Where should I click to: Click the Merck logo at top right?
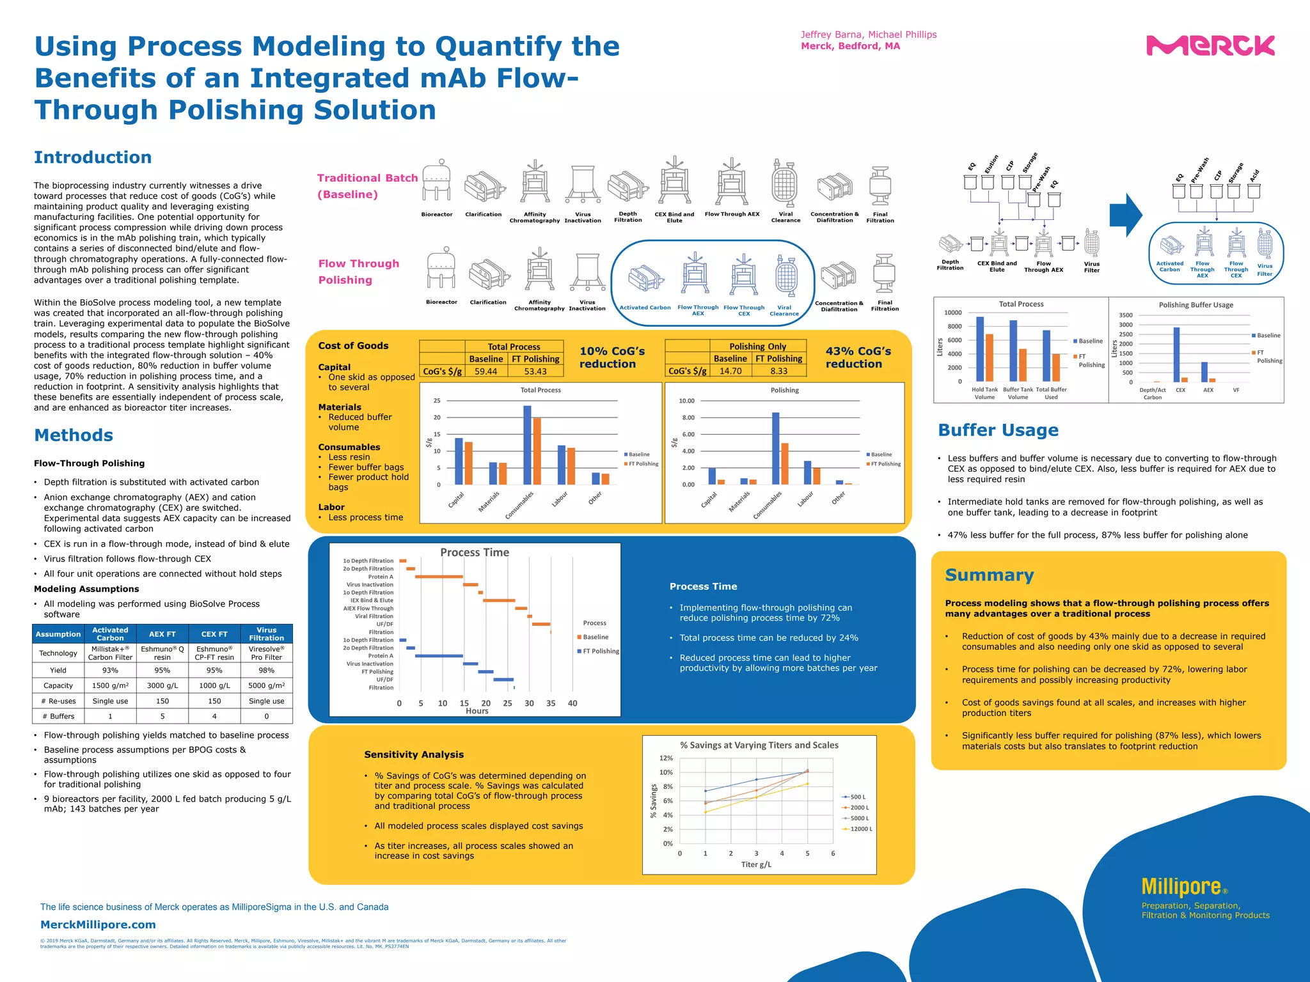(x=1210, y=46)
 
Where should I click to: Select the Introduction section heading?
(x=93, y=157)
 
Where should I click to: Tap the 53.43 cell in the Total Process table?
(x=535, y=371)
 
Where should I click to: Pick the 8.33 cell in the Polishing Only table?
(x=778, y=371)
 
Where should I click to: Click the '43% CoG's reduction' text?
(x=858, y=357)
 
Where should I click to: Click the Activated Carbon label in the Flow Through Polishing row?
(x=645, y=308)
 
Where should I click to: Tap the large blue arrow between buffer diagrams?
(x=1125, y=216)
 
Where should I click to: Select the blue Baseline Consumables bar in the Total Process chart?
(x=527, y=445)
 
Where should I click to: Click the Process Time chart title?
(x=475, y=552)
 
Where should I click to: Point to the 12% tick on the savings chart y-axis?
(x=666, y=758)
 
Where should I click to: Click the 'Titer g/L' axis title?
(x=756, y=864)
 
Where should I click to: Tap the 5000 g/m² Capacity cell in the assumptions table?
(x=266, y=685)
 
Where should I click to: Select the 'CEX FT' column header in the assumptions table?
(x=214, y=634)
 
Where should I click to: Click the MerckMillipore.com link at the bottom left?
(x=98, y=924)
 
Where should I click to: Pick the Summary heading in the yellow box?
(x=989, y=575)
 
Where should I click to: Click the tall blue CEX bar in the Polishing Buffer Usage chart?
(x=1176, y=355)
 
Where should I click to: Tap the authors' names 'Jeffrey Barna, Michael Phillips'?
(x=868, y=35)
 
